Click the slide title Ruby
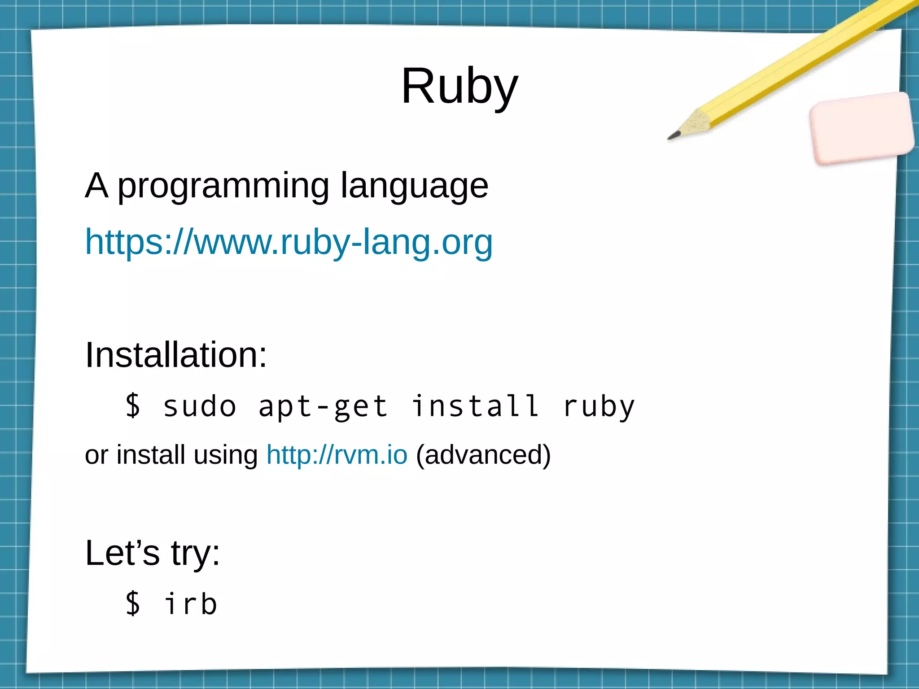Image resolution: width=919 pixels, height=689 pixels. pyautogui.click(x=459, y=86)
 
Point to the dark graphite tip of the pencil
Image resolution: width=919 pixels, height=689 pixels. pyautogui.click(x=673, y=135)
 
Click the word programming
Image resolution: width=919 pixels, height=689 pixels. pyautogui.click(x=223, y=186)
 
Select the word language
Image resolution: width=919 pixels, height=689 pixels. pyautogui.click(x=414, y=186)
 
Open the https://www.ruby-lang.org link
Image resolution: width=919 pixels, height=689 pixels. pyautogui.click(x=289, y=242)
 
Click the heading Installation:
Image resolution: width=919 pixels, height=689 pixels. pyautogui.click(x=176, y=355)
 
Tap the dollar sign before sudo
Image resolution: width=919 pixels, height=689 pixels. pyautogui.click(x=133, y=406)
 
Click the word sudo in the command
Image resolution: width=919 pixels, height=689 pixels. pyautogui.click(x=200, y=406)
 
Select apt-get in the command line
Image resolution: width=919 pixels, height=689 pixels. pyautogui.click(x=323, y=406)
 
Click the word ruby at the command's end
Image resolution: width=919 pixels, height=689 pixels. pyautogui.click(x=599, y=406)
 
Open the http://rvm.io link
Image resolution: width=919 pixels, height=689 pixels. pyautogui.click(x=337, y=455)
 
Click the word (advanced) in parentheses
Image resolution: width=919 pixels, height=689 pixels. pyautogui.click(x=483, y=455)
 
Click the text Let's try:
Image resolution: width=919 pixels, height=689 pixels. pyautogui.click(x=153, y=553)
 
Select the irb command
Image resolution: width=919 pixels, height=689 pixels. pyautogui.click(x=191, y=604)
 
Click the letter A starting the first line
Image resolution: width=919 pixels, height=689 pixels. pyautogui.click(x=96, y=185)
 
